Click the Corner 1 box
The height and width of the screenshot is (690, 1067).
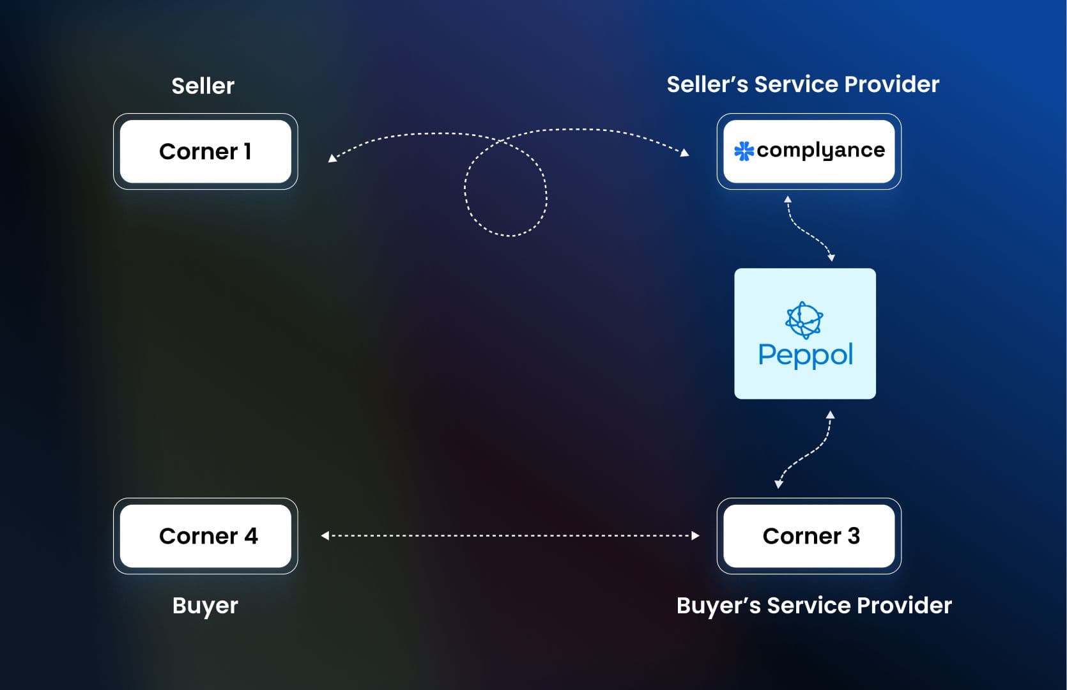205,151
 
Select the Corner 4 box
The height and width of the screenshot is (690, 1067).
205,536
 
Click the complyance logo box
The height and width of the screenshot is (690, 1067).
809,151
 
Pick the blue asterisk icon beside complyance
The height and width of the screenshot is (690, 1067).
744,151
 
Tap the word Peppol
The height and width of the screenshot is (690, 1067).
805,355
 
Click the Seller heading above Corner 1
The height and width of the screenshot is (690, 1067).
203,86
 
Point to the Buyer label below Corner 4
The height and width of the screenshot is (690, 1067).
204,606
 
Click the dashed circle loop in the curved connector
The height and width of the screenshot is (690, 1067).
505,192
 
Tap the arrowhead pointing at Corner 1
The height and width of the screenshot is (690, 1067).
332,158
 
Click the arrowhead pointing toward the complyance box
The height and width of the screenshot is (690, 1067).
685,153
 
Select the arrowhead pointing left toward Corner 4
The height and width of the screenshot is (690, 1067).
325,536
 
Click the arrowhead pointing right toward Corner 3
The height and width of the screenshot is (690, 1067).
696,536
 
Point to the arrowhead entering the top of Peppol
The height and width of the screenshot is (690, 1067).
831,258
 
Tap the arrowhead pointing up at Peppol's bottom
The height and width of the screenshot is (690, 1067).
830,415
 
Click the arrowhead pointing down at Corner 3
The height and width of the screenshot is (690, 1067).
778,484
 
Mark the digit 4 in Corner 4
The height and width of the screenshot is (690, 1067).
251,536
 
